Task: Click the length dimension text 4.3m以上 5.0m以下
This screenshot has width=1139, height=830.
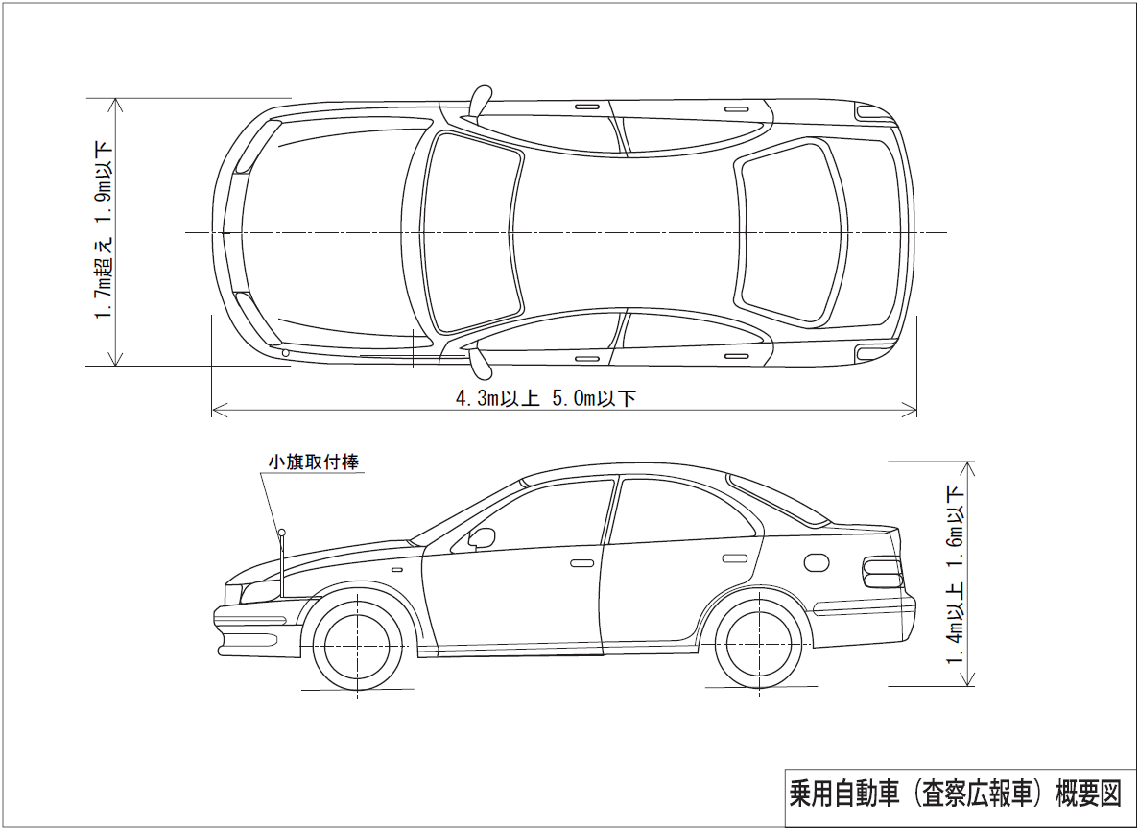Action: coord(545,399)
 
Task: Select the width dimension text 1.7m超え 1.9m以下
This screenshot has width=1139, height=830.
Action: coord(104,231)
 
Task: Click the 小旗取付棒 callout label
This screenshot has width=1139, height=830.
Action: coord(314,462)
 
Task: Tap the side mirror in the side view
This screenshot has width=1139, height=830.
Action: coord(482,537)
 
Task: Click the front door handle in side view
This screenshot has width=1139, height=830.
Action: coord(581,562)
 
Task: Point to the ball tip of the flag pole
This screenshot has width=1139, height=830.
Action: coord(282,533)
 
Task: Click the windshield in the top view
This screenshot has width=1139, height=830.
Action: coord(471,232)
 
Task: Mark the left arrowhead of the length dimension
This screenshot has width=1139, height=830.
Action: coord(215,410)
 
